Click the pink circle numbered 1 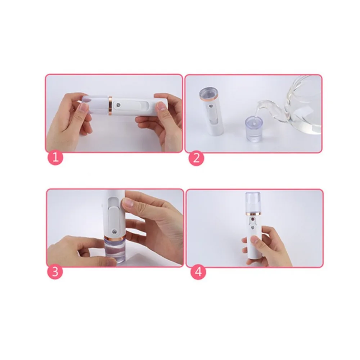click(55, 158)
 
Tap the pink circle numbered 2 click(196, 158)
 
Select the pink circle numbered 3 click(55, 271)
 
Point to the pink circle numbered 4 click(198, 272)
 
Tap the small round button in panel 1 click(118, 105)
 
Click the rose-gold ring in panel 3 click(114, 237)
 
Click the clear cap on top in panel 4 click(253, 202)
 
